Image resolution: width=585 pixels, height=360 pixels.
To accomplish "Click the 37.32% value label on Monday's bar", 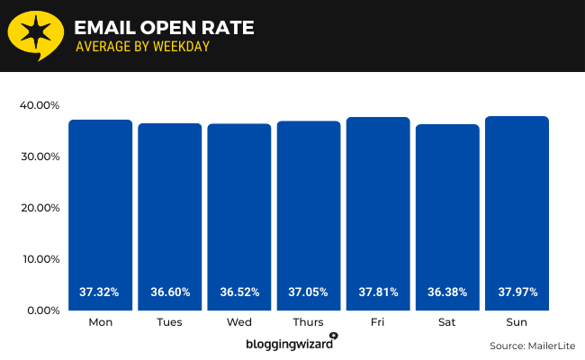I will [x=100, y=292].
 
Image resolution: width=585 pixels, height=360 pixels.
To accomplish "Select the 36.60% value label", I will [x=169, y=292].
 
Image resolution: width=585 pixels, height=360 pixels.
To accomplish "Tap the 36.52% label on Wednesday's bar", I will [x=238, y=292].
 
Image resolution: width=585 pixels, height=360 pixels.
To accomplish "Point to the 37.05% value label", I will [x=308, y=292].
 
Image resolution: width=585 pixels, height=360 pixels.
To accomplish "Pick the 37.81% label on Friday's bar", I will [x=377, y=292].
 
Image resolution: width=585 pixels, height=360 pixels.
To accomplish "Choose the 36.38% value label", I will [x=446, y=292].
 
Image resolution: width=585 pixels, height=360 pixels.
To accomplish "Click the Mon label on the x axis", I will [x=100, y=321].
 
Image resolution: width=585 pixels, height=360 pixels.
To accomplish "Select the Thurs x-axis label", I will [x=308, y=321].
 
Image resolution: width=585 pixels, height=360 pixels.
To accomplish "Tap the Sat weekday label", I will [x=446, y=321].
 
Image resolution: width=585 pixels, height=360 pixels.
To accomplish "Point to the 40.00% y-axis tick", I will [x=39, y=105].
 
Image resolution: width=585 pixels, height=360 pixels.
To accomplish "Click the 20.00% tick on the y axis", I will [x=39, y=208].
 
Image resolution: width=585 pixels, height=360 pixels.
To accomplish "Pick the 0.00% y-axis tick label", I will [x=41, y=310].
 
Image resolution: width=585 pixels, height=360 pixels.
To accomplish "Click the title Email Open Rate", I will [x=164, y=28].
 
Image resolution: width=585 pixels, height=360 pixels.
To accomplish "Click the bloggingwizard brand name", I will [x=288, y=344].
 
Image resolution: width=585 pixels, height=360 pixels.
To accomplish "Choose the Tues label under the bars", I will [x=169, y=321].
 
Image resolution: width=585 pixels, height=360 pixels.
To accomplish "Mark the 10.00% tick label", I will [x=39, y=259].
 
